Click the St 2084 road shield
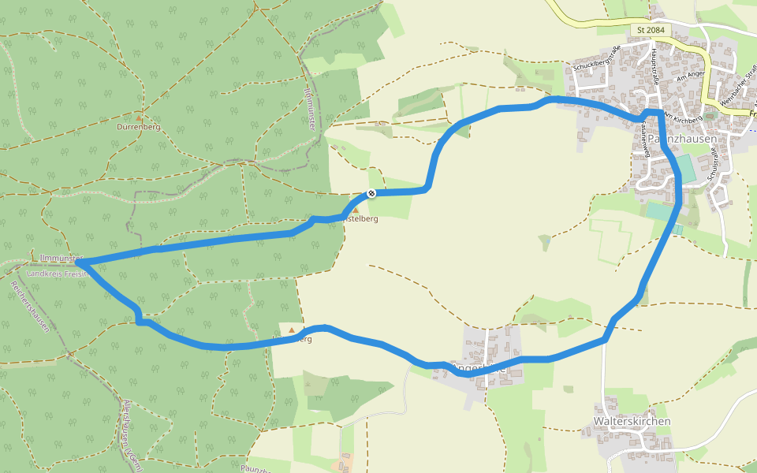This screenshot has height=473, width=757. click(x=651, y=30)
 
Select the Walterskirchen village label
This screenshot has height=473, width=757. click(x=632, y=421)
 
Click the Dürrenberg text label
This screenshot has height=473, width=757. click(x=139, y=126)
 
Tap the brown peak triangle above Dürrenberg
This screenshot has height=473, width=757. click(x=140, y=117)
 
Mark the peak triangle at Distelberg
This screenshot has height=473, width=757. click(x=354, y=210)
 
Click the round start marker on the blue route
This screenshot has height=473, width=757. click(x=371, y=193)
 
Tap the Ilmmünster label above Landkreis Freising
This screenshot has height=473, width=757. click(x=62, y=259)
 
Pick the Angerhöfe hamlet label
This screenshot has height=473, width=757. click(x=476, y=367)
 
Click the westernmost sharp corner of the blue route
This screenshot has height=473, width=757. click(x=84, y=262)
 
